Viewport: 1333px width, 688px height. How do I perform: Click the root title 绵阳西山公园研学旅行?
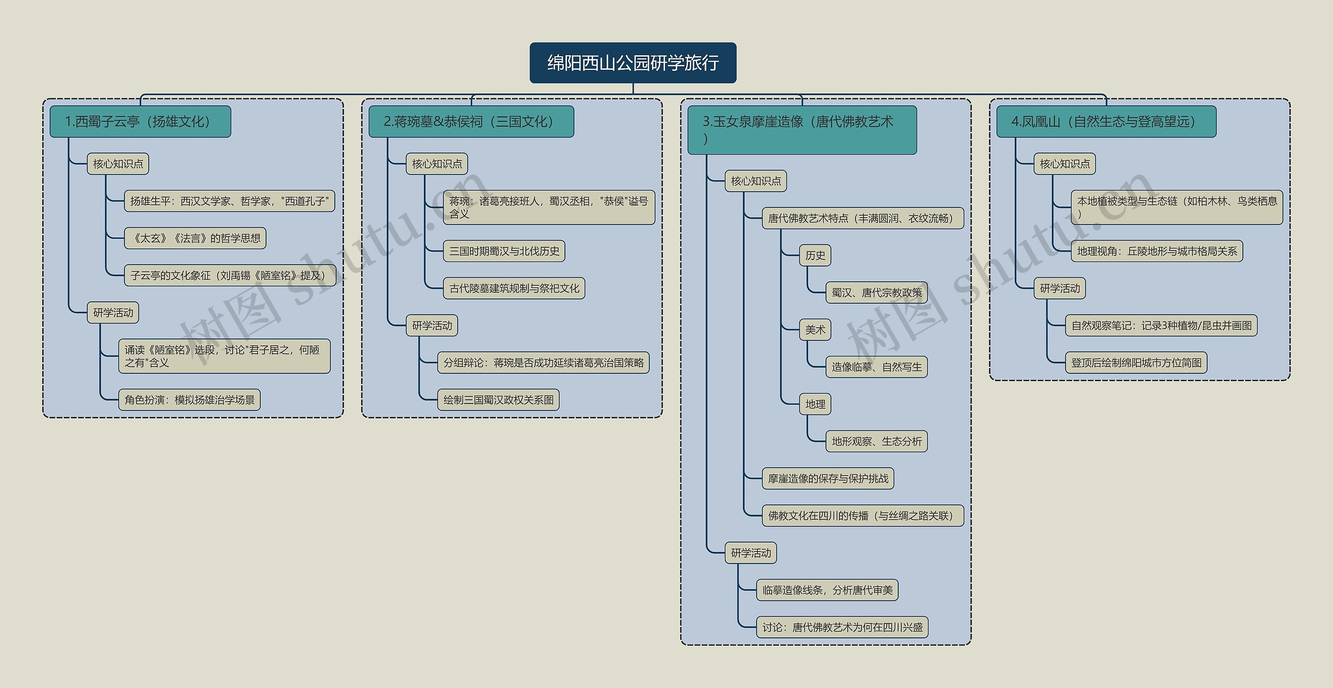(x=633, y=63)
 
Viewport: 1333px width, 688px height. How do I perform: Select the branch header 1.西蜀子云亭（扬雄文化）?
(x=140, y=122)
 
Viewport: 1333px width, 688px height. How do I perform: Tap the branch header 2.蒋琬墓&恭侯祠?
(x=471, y=122)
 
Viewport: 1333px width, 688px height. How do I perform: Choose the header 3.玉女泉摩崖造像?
(x=801, y=130)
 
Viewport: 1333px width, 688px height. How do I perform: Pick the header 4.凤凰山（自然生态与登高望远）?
(x=1106, y=122)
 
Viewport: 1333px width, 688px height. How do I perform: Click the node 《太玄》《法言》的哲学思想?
(x=195, y=239)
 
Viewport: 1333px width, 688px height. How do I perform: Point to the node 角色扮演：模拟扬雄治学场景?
(x=190, y=400)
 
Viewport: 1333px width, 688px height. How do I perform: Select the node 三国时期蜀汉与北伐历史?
(x=504, y=251)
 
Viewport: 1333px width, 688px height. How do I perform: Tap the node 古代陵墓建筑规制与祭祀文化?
(x=514, y=289)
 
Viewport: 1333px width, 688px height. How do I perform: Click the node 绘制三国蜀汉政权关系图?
(x=498, y=400)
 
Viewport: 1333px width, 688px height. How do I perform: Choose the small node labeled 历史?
(x=815, y=256)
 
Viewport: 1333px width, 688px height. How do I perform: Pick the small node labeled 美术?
(x=815, y=330)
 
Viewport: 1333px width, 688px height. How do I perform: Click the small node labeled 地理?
(x=815, y=404)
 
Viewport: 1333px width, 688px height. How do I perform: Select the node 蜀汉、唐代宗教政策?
(x=876, y=293)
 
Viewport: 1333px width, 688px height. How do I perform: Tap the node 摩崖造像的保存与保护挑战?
(x=828, y=479)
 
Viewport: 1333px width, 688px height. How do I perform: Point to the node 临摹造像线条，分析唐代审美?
(x=827, y=590)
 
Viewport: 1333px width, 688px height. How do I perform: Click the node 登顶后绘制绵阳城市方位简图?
(x=1136, y=363)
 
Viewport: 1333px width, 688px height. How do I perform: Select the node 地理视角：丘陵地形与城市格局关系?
(x=1157, y=251)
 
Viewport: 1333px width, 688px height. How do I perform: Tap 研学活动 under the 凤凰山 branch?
(x=1060, y=289)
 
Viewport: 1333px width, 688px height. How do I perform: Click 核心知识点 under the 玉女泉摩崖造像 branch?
(x=756, y=181)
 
